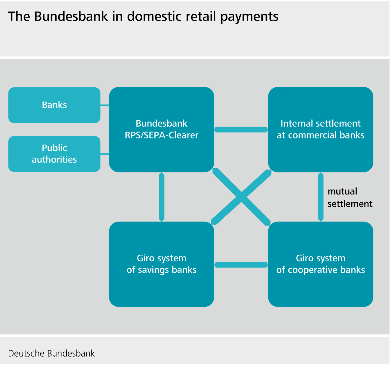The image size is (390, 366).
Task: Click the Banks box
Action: [54, 105]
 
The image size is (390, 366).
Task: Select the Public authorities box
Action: [54, 154]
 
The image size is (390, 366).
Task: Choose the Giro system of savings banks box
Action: [161, 264]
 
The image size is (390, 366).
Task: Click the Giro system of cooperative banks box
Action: [320, 264]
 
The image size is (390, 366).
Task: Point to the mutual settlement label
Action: [349, 197]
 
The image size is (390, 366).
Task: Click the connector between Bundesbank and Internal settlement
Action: [241, 130]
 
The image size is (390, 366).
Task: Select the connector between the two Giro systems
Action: [241, 265]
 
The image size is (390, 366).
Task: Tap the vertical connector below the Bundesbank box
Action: [162, 197]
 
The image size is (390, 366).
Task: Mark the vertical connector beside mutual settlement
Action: [320, 197]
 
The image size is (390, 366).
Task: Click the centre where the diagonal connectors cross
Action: [241, 197]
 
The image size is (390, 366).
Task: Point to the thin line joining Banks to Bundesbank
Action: [105, 105]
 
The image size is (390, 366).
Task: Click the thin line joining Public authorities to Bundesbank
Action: [105, 154]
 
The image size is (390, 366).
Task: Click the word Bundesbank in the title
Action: [71, 17]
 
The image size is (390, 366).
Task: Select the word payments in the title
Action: [249, 17]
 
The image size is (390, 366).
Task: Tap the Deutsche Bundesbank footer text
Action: [51, 354]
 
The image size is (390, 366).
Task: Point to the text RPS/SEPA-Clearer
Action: [161, 135]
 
